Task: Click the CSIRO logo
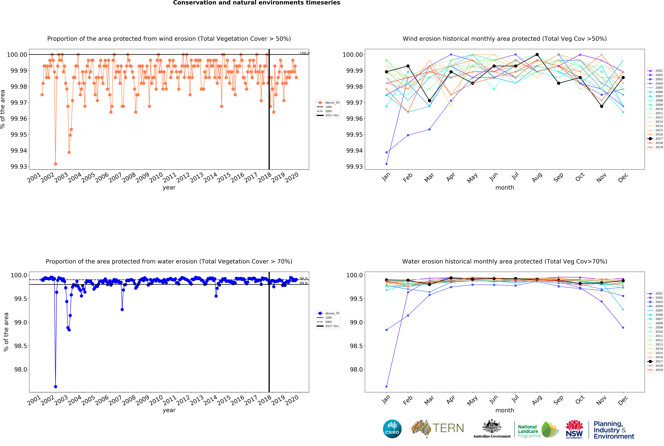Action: click(392, 429)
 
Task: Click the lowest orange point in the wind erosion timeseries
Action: click(55, 164)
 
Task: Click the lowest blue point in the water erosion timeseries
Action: click(55, 387)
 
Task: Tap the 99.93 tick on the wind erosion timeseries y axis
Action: click(19, 167)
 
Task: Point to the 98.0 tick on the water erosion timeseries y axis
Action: click(20, 370)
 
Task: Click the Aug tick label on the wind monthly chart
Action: click(537, 178)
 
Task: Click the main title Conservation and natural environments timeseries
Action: click(257, 3)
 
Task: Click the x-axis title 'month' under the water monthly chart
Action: click(505, 410)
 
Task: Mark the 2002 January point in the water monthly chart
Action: click(386, 387)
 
